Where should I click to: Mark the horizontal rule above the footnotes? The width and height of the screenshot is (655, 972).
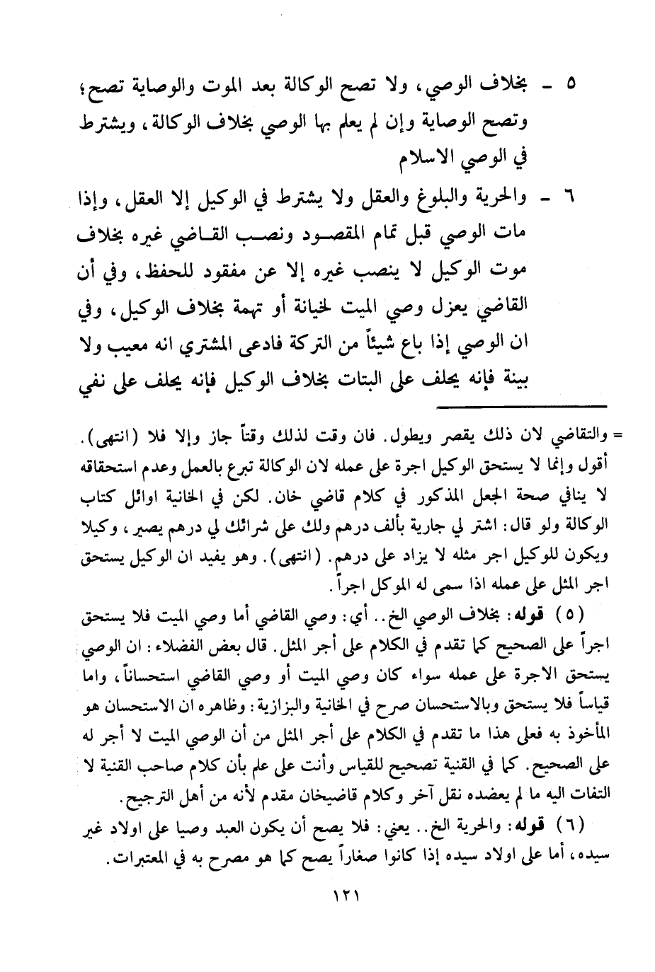(x=521, y=405)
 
